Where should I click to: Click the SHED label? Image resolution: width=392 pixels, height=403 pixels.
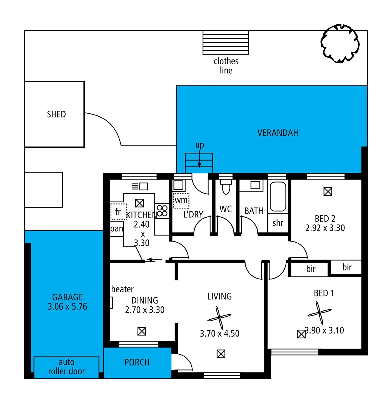coord(56,114)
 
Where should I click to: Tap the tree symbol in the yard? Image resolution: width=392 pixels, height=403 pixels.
coord(340,43)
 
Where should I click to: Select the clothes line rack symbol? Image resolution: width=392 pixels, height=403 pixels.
coord(226,43)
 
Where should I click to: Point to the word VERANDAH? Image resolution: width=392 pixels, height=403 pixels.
coord(278,133)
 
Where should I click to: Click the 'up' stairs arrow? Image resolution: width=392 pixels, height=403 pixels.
coord(199,159)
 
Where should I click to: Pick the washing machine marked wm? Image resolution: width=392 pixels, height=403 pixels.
coord(181,201)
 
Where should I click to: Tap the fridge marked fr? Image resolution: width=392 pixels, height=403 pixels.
coord(118,212)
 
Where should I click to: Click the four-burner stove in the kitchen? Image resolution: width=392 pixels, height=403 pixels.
coord(162,211)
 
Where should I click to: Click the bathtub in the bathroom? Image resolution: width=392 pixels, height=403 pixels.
coord(278,196)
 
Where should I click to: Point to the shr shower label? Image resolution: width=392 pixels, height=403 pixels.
coord(278,223)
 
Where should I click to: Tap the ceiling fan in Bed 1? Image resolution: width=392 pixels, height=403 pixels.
coord(319,312)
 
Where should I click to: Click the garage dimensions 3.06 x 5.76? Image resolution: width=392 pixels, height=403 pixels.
coord(67,307)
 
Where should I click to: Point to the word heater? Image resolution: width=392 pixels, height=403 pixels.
coord(122,289)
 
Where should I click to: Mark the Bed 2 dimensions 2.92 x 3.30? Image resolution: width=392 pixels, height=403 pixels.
coord(325,228)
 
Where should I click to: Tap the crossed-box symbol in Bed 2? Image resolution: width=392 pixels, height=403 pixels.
coord(328,191)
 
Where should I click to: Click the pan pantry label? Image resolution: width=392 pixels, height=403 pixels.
coord(116,229)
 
